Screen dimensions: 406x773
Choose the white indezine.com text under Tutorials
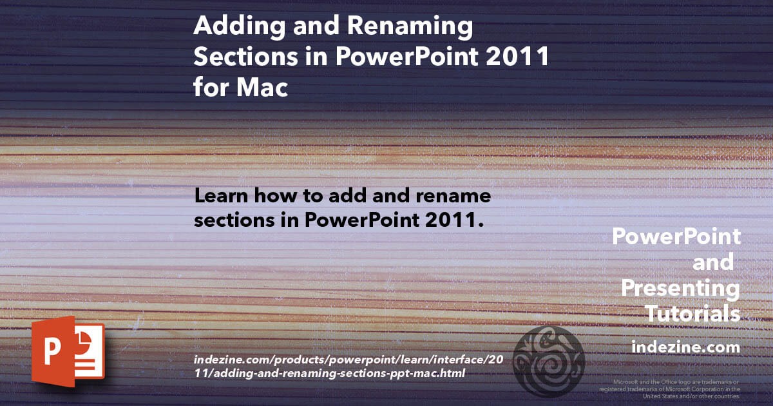pyautogui.click(x=685, y=347)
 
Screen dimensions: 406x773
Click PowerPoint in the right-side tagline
pyautogui.click(x=676, y=237)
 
